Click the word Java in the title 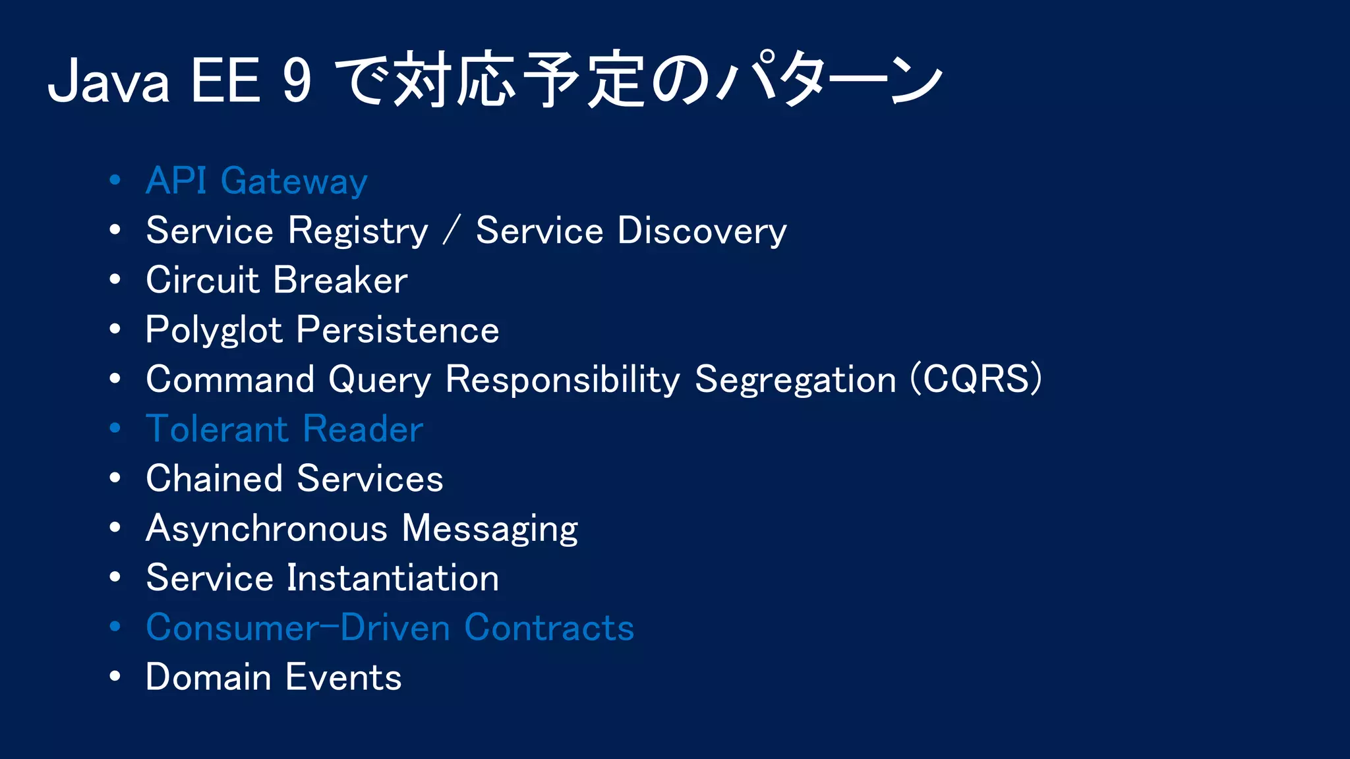109,82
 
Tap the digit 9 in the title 297,82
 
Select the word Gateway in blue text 294,182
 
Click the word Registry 358,232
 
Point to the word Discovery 702,232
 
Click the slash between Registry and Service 452,232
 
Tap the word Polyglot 214,331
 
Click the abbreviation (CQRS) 976,379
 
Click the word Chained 214,479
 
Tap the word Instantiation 393,578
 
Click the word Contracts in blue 549,628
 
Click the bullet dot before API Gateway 115,181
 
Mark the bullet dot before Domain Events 115,677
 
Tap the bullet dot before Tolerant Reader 115,428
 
